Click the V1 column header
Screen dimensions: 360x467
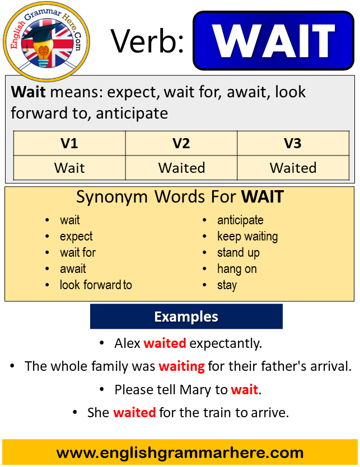[x=69, y=143]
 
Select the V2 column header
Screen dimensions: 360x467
[x=181, y=143]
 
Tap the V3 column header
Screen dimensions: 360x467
[x=293, y=143]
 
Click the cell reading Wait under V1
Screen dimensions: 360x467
[x=69, y=168]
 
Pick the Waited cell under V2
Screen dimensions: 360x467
[x=181, y=168]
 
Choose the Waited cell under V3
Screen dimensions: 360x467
[x=293, y=168]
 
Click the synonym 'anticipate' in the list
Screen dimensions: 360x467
[x=240, y=221]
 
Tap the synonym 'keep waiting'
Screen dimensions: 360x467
[x=247, y=237]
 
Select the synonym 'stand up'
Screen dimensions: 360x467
[x=239, y=253]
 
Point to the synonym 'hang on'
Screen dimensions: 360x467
[x=237, y=269]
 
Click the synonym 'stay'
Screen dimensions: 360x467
[x=227, y=285]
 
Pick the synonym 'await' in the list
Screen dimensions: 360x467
[x=73, y=269]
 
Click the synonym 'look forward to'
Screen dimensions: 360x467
[x=96, y=285]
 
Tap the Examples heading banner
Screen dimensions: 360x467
[x=186, y=317]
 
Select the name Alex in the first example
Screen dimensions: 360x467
[x=127, y=343]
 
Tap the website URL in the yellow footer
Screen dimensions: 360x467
[x=180, y=453]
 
